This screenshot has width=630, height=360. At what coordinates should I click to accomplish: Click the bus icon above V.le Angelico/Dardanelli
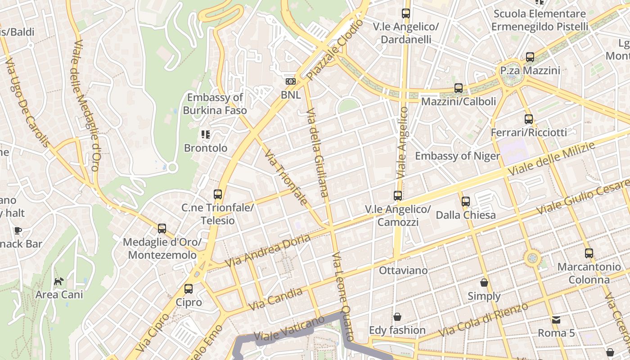coord(406,13)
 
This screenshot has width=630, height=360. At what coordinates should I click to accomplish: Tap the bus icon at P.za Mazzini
coord(530,57)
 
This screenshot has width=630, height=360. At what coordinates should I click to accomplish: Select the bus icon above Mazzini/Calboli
coord(459,88)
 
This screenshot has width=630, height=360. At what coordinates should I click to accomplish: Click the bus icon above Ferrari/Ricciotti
coord(529,119)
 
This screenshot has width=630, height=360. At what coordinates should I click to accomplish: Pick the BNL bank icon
coord(291,81)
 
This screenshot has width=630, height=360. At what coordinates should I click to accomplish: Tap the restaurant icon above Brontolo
coord(206,134)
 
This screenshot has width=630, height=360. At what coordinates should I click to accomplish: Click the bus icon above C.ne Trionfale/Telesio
coord(218,194)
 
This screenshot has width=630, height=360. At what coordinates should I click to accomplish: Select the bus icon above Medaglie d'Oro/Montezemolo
coord(162,229)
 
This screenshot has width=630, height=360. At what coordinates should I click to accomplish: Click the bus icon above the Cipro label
coord(189,289)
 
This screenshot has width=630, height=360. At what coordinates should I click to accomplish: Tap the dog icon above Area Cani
coord(59,282)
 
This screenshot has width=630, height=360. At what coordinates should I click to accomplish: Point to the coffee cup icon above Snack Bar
coord(18,231)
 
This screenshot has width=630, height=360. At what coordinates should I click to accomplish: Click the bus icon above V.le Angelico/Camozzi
coord(398,196)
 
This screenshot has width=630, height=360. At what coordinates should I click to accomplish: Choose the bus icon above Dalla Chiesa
coord(466,202)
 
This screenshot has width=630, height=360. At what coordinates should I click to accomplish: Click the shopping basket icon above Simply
coord(484,283)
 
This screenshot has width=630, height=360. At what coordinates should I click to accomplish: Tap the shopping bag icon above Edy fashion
coord(397,317)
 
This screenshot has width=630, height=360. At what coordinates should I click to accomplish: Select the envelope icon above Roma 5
coord(556,320)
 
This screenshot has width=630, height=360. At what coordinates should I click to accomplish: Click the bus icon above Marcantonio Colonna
coord(589,253)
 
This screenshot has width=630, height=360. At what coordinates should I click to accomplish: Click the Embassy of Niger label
coord(457,156)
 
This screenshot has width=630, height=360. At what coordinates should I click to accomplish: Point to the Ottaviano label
coord(403,270)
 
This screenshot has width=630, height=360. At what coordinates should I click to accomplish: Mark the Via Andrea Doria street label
coord(268,250)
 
